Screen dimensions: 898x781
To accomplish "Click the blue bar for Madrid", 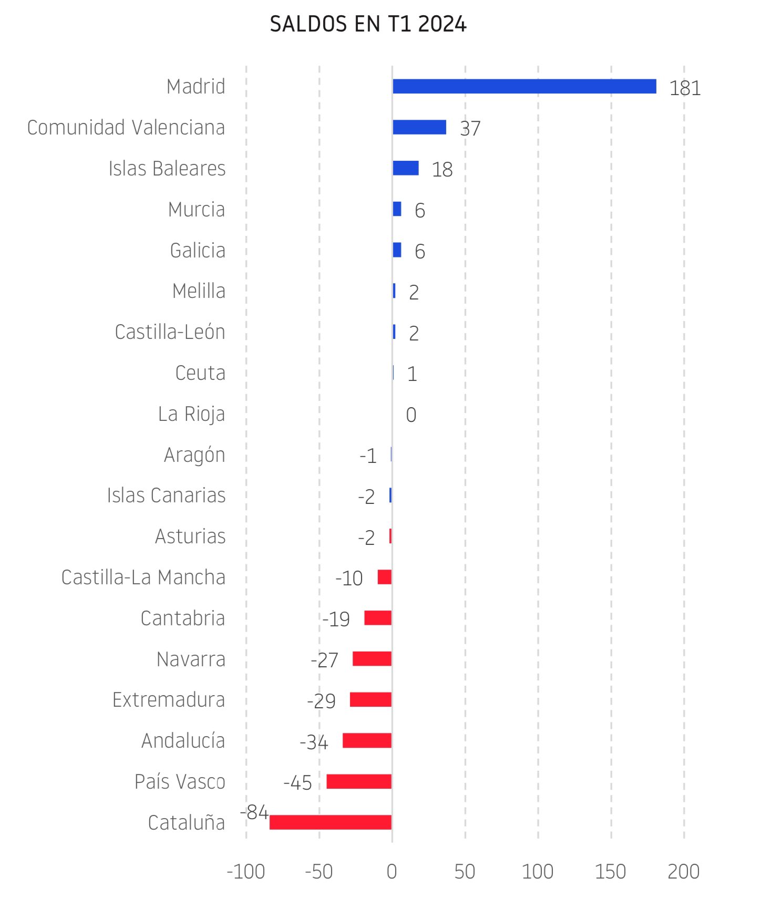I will [x=524, y=86].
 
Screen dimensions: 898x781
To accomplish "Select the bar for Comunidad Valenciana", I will [x=419, y=127].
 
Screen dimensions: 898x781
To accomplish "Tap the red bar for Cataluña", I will [x=330, y=822].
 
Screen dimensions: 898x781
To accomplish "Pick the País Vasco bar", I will [x=359, y=781].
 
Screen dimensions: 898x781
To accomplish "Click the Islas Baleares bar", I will [x=405, y=168].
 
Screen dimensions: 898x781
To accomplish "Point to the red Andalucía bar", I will [x=367, y=740].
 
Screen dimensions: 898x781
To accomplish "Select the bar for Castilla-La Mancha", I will [x=384, y=577].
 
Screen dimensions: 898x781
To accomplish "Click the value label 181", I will [x=685, y=88].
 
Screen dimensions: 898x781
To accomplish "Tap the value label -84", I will [x=254, y=812].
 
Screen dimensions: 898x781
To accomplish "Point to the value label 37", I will [x=470, y=129].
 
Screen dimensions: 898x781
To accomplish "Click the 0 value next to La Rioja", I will [x=411, y=415].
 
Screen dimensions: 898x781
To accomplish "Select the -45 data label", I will [x=297, y=783].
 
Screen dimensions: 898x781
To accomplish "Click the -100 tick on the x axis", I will [x=245, y=872].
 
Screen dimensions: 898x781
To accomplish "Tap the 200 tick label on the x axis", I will [x=683, y=872].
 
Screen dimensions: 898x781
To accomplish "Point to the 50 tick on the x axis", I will [x=465, y=872].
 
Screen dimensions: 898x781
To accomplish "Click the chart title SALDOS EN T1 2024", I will [x=368, y=24].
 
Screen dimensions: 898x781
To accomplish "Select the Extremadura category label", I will [x=169, y=700].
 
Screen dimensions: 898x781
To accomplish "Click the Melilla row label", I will [x=199, y=291].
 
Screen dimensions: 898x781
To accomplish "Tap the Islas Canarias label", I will [x=166, y=496].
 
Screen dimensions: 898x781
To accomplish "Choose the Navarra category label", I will [x=191, y=659].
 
